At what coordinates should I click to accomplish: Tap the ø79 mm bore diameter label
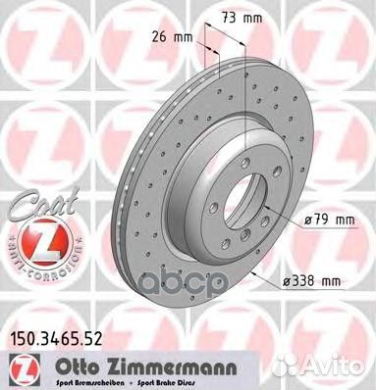pyautogui.click(x=328, y=219)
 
